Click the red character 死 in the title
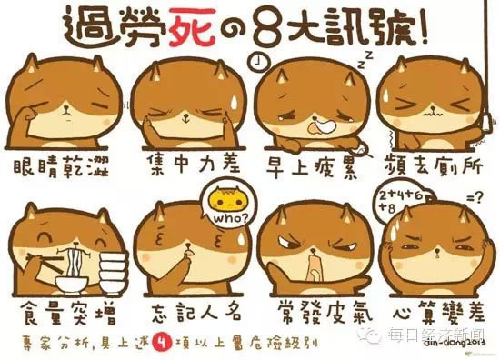point(192,26)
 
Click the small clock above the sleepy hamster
point(258,61)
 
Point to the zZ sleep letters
point(365,60)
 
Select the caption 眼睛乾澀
point(61,166)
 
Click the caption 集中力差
point(194,164)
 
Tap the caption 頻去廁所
point(434,165)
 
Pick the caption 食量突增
point(68,314)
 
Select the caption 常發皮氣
point(325,312)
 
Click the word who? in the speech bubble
point(230,219)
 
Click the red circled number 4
point(163,342)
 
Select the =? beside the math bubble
point(475,199)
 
